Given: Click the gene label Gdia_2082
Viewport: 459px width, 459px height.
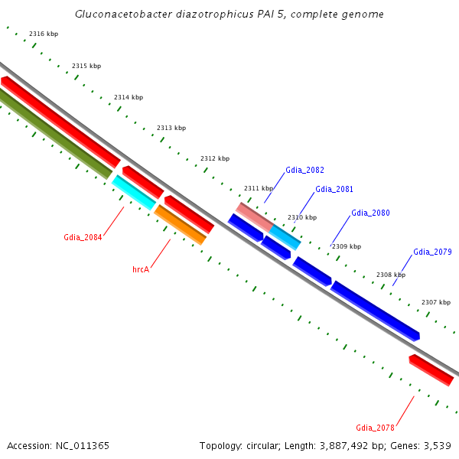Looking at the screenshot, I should (x=304, y=170).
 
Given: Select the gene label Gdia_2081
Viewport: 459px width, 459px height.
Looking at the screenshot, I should (x=334, y=189).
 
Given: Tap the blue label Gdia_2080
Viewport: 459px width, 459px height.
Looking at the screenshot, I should (x=370, y=213).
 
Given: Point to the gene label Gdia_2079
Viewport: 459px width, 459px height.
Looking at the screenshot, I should (x=432, y=252).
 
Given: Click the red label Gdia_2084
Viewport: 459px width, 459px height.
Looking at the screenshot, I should (x=83, y=237).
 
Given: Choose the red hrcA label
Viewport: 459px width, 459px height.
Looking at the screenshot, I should (x=141, y=270).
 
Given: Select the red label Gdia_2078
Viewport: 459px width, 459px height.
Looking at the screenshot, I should (x=375, y=428).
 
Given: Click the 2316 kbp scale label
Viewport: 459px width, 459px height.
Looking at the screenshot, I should (x=44, y=34).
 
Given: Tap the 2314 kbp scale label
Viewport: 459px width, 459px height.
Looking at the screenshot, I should (x=129, y=97).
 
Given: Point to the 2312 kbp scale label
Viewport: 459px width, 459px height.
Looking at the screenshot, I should (x=215, y=158).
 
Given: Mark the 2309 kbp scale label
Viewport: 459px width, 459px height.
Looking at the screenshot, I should (x=347, y=246).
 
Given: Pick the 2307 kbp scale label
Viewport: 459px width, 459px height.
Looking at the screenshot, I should (x=436, y=302).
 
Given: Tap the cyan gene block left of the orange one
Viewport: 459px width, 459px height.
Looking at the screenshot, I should (x=134, y=192).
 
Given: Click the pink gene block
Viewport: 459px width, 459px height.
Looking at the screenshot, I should (x=254, y=214).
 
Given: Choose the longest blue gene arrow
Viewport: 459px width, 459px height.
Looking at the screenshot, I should (x=375, y=310).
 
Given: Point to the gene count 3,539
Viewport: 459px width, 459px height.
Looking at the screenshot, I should (x=438, y=445).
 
